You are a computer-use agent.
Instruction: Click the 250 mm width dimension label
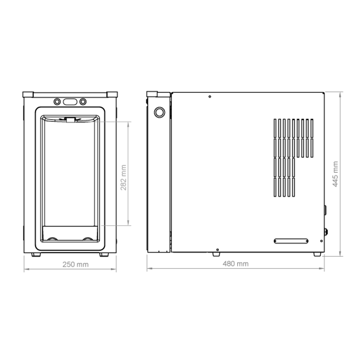76,265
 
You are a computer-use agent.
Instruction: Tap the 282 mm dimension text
123,177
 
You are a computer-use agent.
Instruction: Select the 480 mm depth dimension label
235,264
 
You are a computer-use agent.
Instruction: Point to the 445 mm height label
335,174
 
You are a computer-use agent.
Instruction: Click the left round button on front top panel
57,102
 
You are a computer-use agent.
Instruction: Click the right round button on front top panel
83,102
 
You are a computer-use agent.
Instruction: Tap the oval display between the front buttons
70,102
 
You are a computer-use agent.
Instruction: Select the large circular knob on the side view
159,112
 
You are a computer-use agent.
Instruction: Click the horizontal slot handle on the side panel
291,241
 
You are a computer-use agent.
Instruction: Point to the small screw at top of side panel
210,96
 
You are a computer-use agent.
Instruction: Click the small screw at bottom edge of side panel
217,250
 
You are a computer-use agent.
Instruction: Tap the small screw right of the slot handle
321,241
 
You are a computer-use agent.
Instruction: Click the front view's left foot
36,255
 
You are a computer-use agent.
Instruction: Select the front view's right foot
104,255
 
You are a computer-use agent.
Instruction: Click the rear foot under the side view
317,255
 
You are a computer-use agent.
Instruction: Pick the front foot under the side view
216,255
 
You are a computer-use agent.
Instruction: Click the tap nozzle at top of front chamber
70,120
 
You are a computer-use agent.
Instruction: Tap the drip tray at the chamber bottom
70,233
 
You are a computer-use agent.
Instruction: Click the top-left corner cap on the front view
28,95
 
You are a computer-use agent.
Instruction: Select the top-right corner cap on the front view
112,95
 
